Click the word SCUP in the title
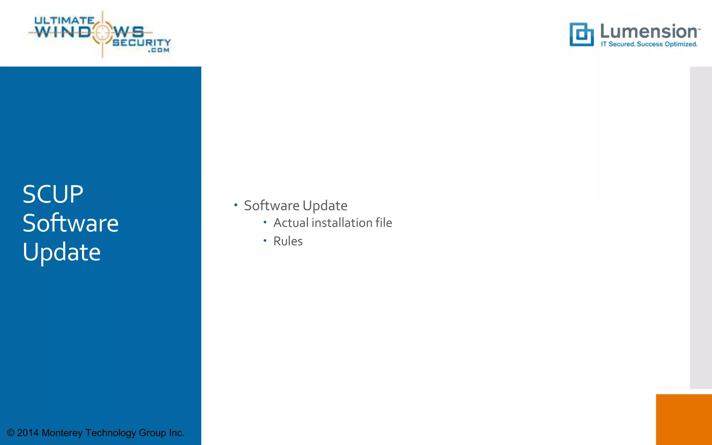53,194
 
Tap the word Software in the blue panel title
71,223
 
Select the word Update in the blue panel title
62,252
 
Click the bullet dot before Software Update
236,205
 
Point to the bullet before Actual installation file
265,222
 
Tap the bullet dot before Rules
265,240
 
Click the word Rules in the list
288,241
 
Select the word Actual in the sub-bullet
291,223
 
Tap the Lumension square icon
581,34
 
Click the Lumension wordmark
649,31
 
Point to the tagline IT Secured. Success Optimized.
649,44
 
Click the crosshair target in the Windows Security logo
102,33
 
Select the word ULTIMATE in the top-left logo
64,21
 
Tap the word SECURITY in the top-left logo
141,42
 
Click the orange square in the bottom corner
684,419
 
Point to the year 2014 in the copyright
28,433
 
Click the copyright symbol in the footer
11,433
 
